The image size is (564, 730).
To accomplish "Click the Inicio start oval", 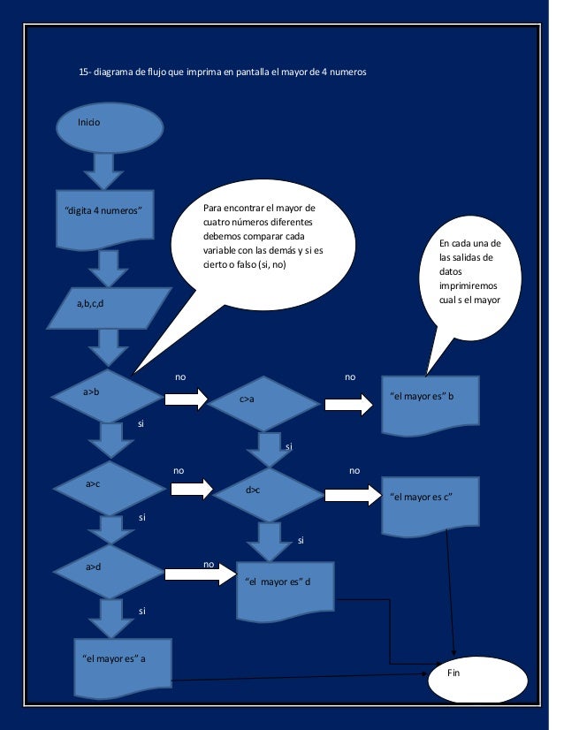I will (110, 127).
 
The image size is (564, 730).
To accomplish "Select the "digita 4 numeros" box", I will (104, 217).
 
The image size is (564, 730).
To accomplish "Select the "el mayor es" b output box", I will (430, 403).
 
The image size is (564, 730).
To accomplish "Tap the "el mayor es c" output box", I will (431, 505).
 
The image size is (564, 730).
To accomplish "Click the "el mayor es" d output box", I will (286, 589).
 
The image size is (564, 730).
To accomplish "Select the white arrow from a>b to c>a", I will (185, 399).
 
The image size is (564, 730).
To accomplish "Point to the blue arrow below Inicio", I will (103, 171).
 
